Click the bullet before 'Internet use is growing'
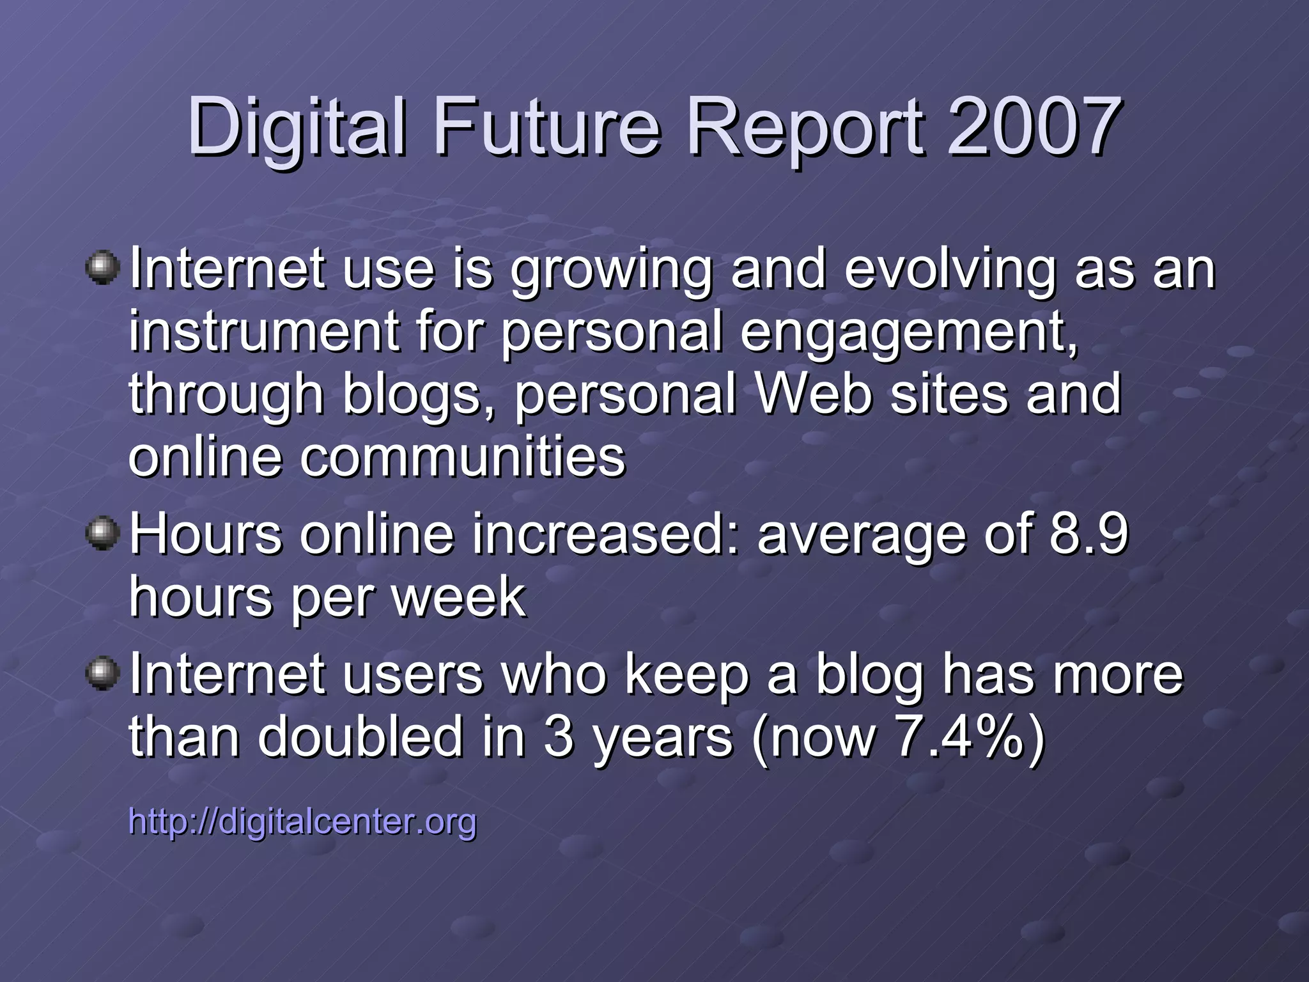click(102, 268)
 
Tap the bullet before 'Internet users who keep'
click(102, 673)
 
